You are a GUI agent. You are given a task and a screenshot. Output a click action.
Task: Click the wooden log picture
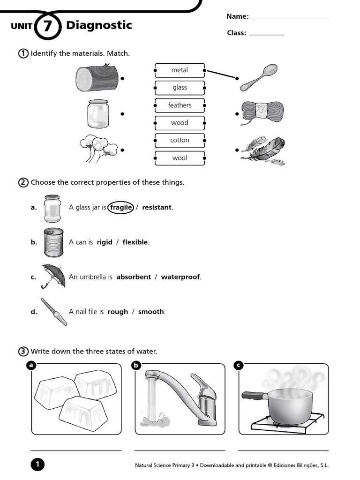[97, 78]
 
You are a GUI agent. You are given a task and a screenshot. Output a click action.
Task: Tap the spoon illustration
[259, 77]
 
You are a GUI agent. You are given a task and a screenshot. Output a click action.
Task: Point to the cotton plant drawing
[99, 147]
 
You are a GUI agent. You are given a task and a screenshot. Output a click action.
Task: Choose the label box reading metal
[180, 70]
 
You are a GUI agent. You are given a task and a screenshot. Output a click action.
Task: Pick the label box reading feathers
[180, 105]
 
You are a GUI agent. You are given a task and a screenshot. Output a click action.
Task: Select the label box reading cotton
[180, 140]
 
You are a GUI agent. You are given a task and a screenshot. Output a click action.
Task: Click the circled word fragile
[121, 207]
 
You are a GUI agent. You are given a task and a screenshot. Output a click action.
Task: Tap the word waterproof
[180, 277]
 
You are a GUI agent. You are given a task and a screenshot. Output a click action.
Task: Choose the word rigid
[105, 242]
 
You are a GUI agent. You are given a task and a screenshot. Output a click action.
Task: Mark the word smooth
[151, 312]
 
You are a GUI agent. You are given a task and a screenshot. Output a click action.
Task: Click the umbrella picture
[52, 276]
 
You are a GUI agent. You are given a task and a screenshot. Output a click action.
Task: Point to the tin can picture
[53, 242]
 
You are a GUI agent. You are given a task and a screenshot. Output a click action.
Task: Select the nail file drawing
[53, 311]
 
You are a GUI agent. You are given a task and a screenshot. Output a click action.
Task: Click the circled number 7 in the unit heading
[48, 26]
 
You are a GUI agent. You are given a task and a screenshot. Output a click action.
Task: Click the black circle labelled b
[136, 366]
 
